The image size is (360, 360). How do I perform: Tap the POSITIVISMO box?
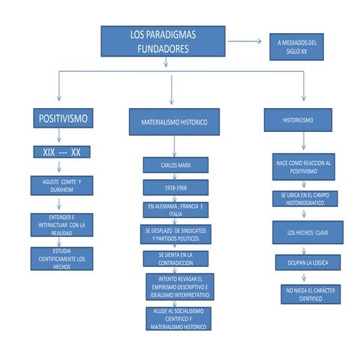pos(63,118)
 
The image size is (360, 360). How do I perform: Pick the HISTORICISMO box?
pos(298,119)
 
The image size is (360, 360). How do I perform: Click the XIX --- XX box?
pos(62,152)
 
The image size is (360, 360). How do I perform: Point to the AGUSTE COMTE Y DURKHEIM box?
pos(61,185)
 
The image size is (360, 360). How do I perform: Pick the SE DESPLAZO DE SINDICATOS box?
pos(176,234)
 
